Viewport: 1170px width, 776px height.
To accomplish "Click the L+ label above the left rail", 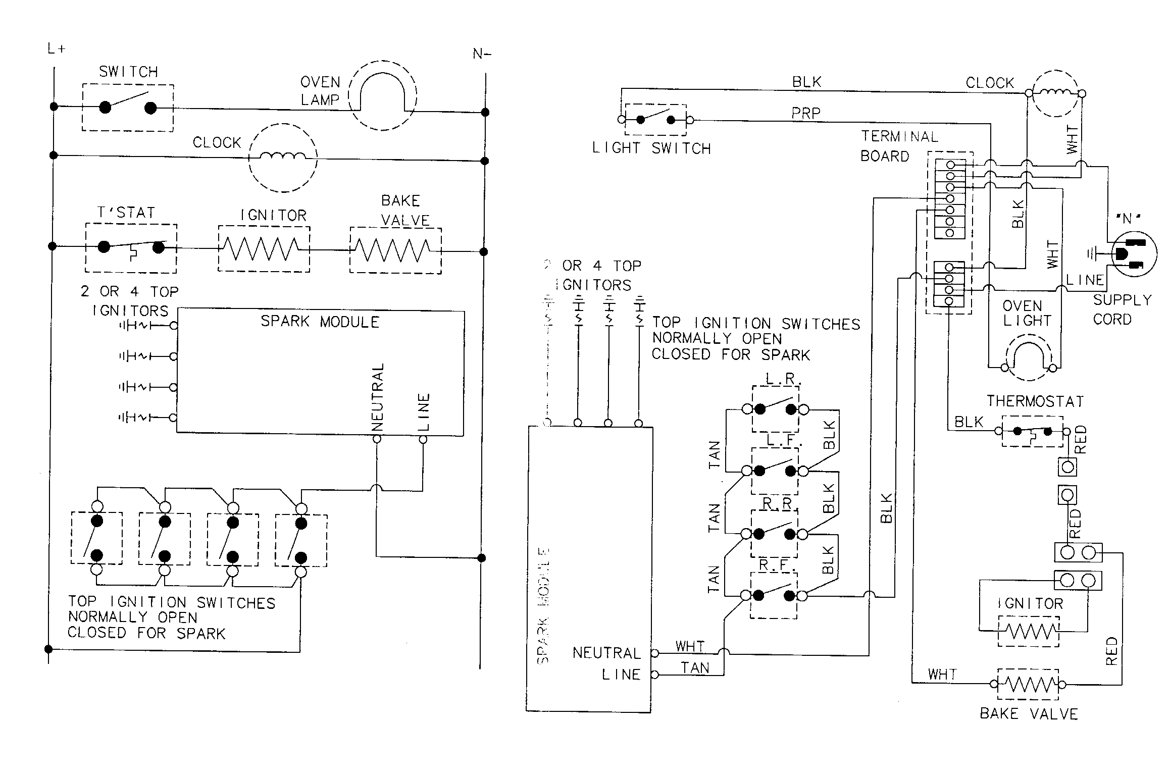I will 56,49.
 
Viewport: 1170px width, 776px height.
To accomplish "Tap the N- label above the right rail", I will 482,54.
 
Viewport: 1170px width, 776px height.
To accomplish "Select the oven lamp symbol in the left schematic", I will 383,96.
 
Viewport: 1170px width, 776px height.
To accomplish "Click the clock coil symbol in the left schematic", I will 283,158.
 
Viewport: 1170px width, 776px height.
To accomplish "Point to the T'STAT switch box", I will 131,248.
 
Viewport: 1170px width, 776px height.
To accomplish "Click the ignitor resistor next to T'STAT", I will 263,249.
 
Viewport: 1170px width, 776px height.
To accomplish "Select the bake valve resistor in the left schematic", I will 395,250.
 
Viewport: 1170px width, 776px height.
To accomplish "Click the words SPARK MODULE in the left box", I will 320,322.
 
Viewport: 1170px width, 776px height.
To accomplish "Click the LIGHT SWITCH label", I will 651,148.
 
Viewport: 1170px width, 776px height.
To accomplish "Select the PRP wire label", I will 805,114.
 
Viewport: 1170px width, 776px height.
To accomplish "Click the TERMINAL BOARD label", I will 899,146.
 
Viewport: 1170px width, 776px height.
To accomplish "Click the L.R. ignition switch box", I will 775,408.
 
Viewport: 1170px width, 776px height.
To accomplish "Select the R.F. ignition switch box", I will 774,595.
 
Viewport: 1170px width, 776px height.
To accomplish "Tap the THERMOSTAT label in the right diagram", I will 1035,401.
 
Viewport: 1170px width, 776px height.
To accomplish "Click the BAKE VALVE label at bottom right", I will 1029,713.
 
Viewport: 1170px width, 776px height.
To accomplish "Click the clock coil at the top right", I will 1054,94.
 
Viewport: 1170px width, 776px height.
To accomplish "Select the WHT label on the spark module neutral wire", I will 690,646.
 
